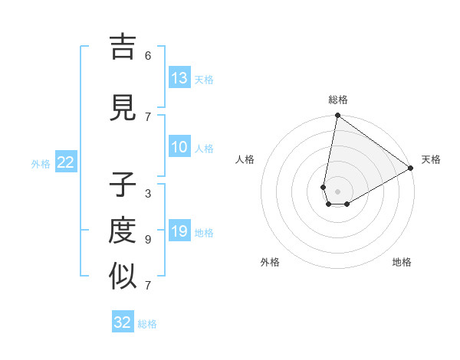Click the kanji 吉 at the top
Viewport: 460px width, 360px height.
[123, 47]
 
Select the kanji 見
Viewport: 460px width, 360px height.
[123, 109]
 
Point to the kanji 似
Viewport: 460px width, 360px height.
[123, 277]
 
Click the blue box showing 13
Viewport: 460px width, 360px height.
[179, 78]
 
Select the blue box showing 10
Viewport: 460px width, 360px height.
[179, 147]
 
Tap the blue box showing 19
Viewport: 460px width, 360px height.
[179, 231]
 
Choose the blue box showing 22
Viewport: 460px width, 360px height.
[66, 162]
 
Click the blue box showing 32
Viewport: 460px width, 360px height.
[123, 322]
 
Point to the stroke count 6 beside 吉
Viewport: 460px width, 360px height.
[148, 56]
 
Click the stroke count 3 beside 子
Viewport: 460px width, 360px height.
[148, 194]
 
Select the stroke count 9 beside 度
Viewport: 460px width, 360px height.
[148, 240]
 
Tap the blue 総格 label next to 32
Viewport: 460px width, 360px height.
[147, 324]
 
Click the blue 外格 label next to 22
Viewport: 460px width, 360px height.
[41, 163]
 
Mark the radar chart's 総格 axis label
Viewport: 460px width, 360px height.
[337, 100]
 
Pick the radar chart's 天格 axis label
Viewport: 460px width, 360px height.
[431, 159]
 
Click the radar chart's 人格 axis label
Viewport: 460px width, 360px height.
[245, 159]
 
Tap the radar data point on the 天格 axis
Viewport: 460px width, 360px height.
[411, 168]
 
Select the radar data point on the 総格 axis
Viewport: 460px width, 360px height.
[337, 116]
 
